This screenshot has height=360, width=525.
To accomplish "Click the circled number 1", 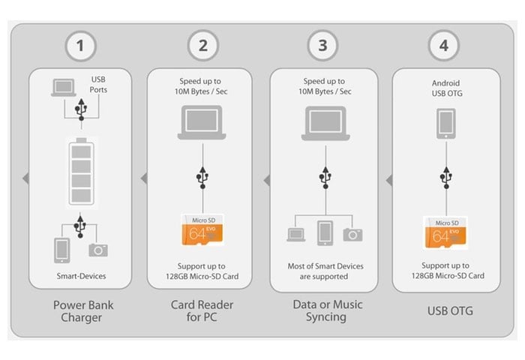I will [x=82, y=46].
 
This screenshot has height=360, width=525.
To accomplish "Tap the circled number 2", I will [x=202, y=46].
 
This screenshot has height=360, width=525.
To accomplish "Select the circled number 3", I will [x=323, y=46].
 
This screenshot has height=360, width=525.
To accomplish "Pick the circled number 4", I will [x=444, y=46].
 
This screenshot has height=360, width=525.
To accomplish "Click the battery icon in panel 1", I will [x=82, y=172].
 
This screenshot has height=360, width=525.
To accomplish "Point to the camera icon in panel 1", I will [x=98, y=250].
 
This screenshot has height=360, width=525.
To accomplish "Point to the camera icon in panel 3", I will [x=352, y=235].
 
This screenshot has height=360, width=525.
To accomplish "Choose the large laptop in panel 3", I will [x=323, y=124].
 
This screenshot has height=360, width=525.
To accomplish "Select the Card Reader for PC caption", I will [x=202, y=311].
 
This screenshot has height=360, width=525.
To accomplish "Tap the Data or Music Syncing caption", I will [x=323, y=311].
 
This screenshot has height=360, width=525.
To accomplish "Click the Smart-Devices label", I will [x=82, y=276].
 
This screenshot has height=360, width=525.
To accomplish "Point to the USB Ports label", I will [x=99, y=84].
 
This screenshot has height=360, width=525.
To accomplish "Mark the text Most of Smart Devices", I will [x=323, y=265].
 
